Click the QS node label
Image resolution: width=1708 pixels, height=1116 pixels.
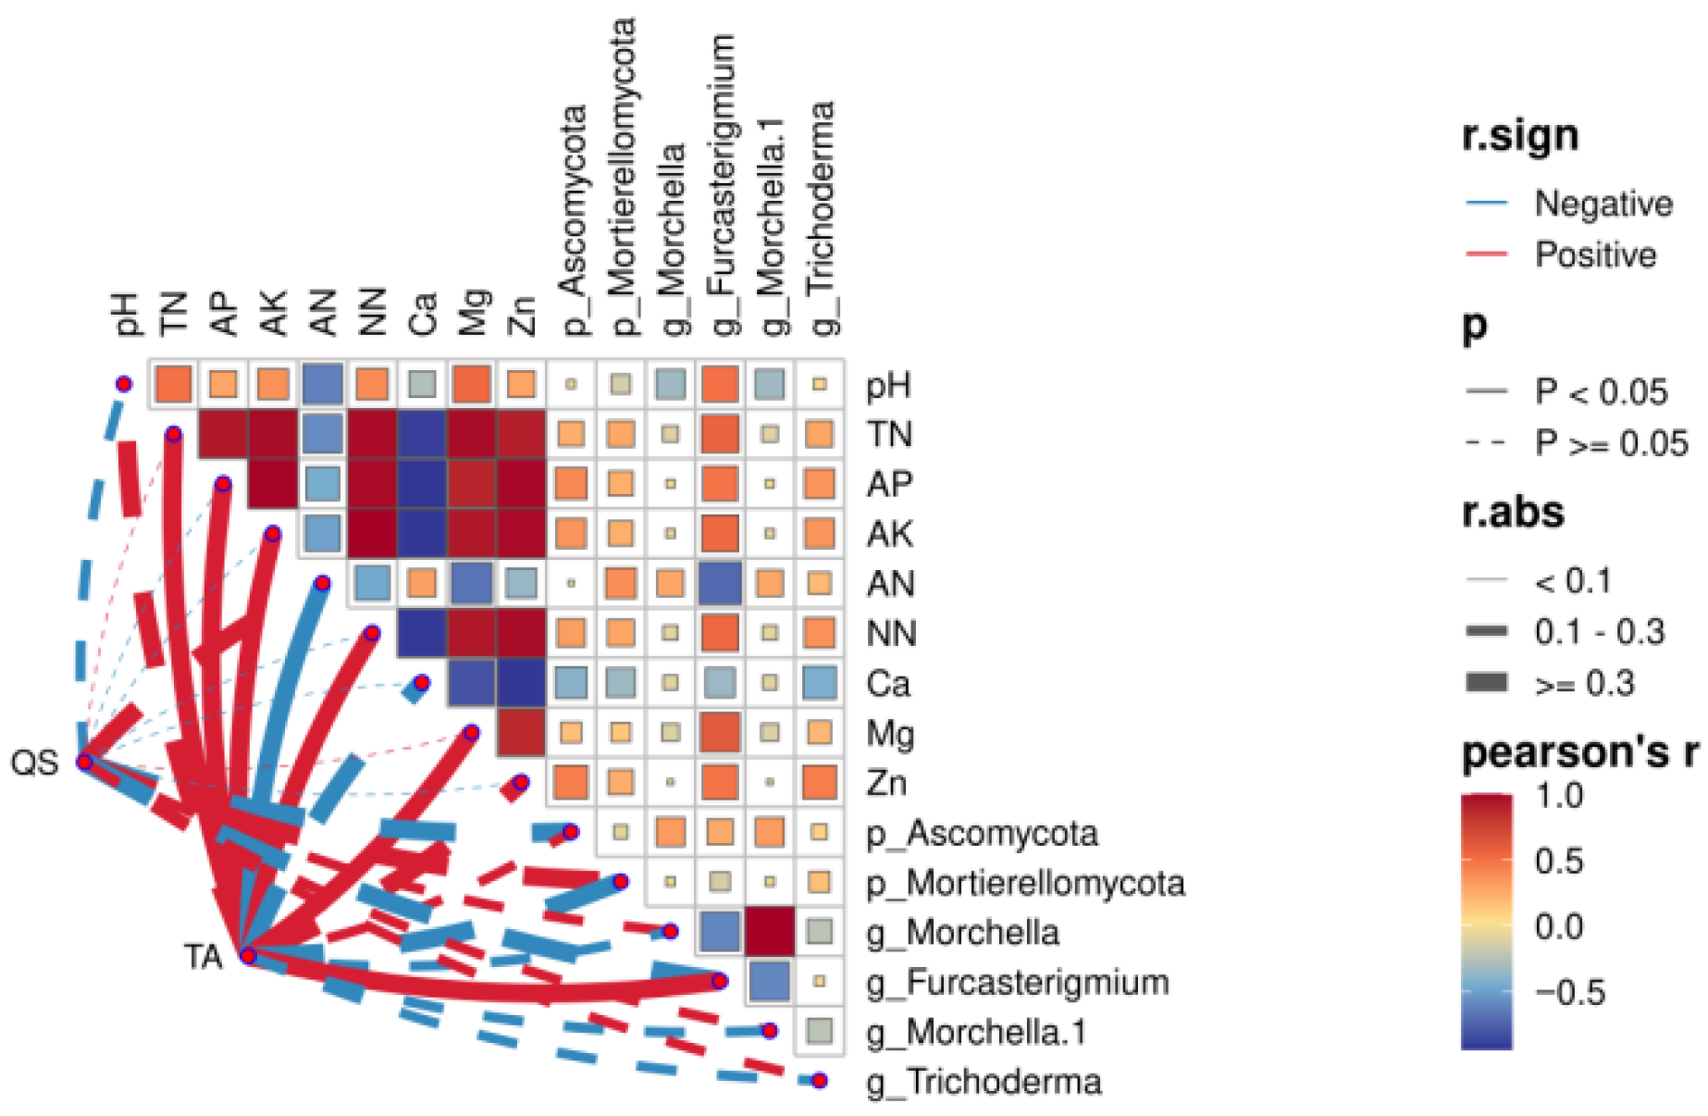click(x=34, y=763)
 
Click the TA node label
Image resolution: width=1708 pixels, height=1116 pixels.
click(x=203, y=956)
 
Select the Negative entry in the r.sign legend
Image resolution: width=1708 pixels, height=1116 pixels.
click(x=1603, y=204)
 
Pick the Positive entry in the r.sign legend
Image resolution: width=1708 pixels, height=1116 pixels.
click(x=1595, y=254)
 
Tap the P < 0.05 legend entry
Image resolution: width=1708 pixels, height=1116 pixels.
click(x=1601, y=392)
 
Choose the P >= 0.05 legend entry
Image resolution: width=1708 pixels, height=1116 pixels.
click(x=1611, y=444)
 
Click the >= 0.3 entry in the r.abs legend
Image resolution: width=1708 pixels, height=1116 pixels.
click(x=1584, y=684)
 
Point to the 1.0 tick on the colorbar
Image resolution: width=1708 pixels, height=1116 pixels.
click(x=1560, y=796)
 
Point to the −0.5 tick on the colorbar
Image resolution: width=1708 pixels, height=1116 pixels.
click(x=1570, y=993)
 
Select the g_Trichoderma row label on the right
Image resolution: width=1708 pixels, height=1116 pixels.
click(x=984, y=1082)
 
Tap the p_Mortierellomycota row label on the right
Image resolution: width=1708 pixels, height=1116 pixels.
click(x=1025, y=883)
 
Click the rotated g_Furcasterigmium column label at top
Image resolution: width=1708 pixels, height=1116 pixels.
click(x=722, y=185)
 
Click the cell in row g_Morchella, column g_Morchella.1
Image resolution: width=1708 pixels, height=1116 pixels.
click(x=770, y=931)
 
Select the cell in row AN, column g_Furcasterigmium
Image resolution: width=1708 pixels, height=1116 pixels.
click(x=720, y=583)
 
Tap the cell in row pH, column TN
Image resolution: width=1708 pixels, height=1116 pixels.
click(x=173, y=384)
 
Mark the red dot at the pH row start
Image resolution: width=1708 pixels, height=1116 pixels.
click(x=123, y=384)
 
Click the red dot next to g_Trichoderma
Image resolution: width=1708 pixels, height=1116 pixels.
click(x=819, y=1081)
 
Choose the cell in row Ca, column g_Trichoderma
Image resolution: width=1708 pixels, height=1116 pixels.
click(x=820, y=683)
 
